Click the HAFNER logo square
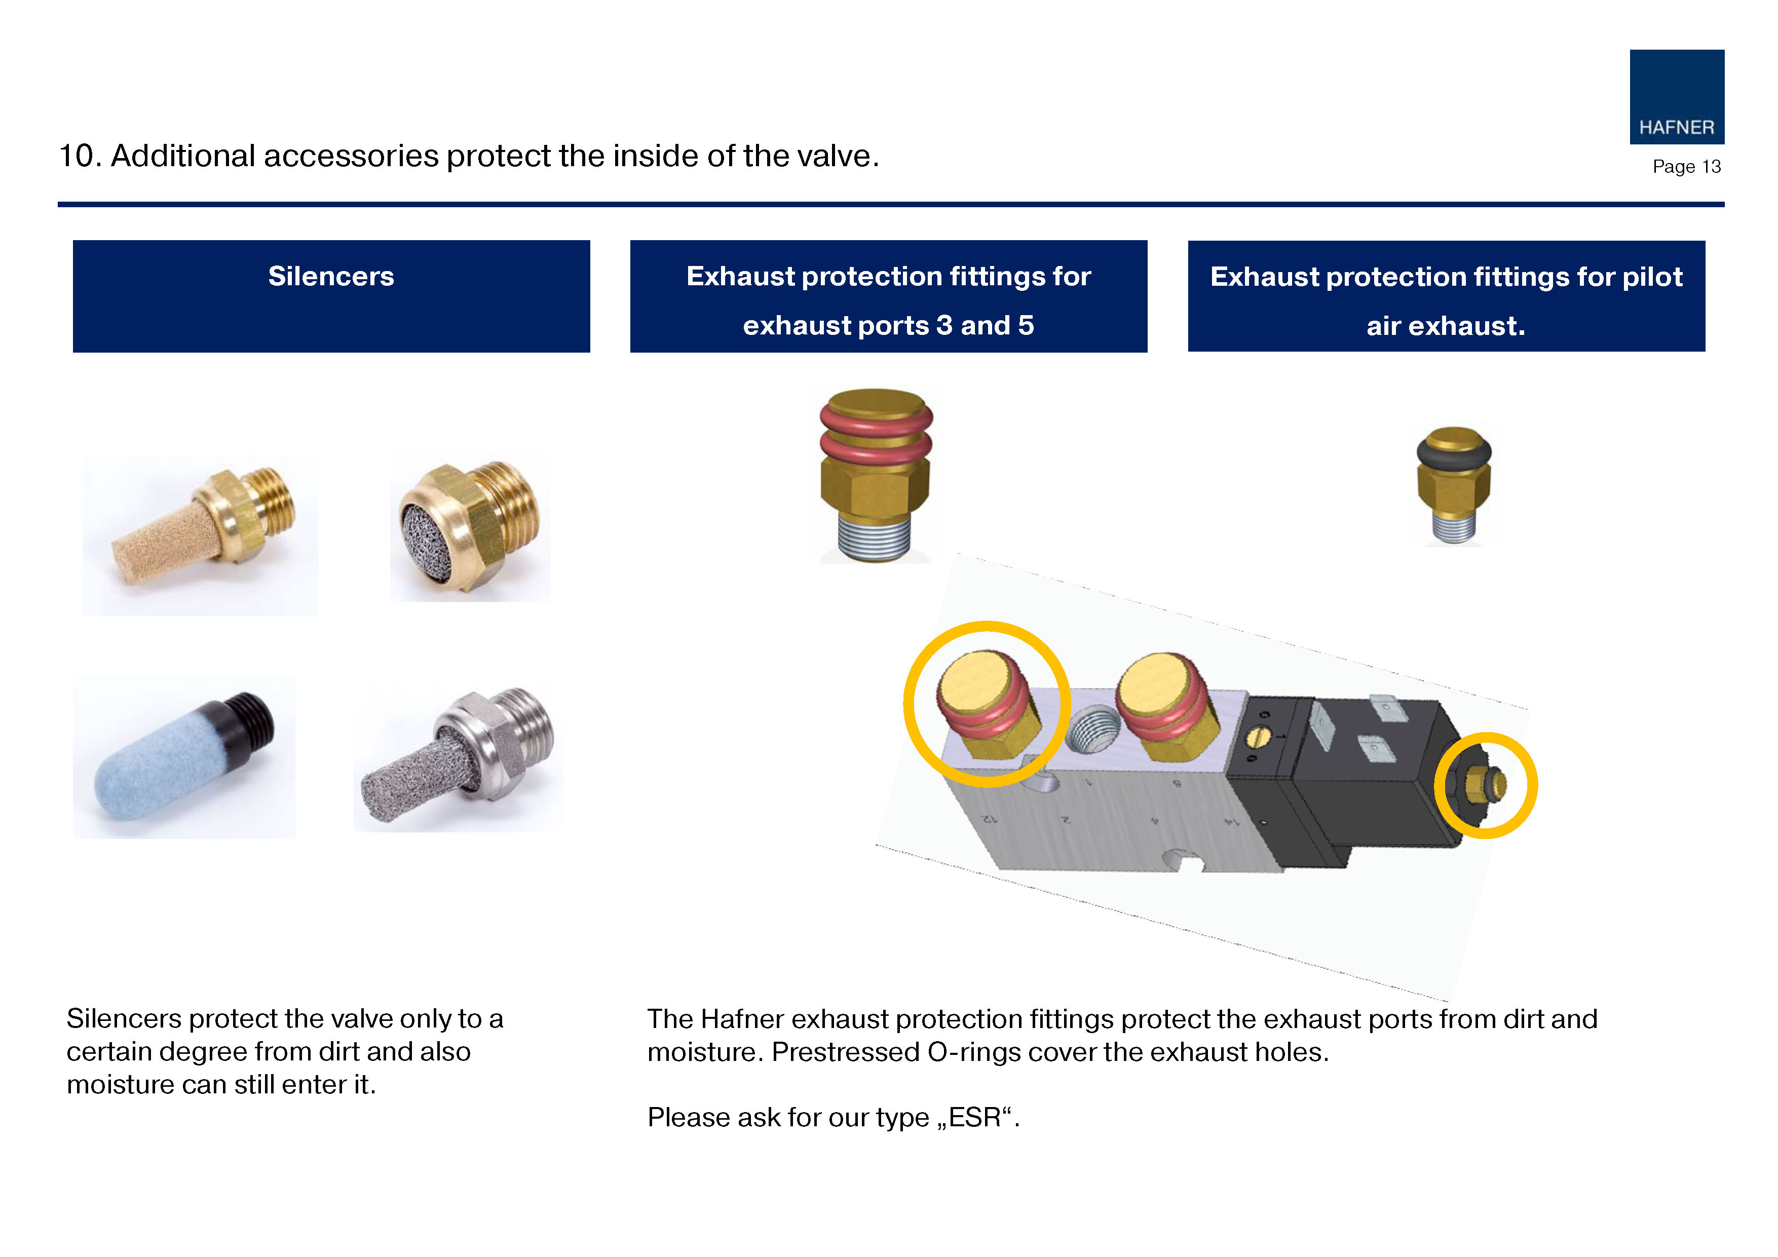click(1677, 97)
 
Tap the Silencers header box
click(331, 296)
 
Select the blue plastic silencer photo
click(184, 758)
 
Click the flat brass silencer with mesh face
click(471, 528)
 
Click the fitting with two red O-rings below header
click(876, 475)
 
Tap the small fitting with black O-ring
click(1454, 485)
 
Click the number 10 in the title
click(76, 156)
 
